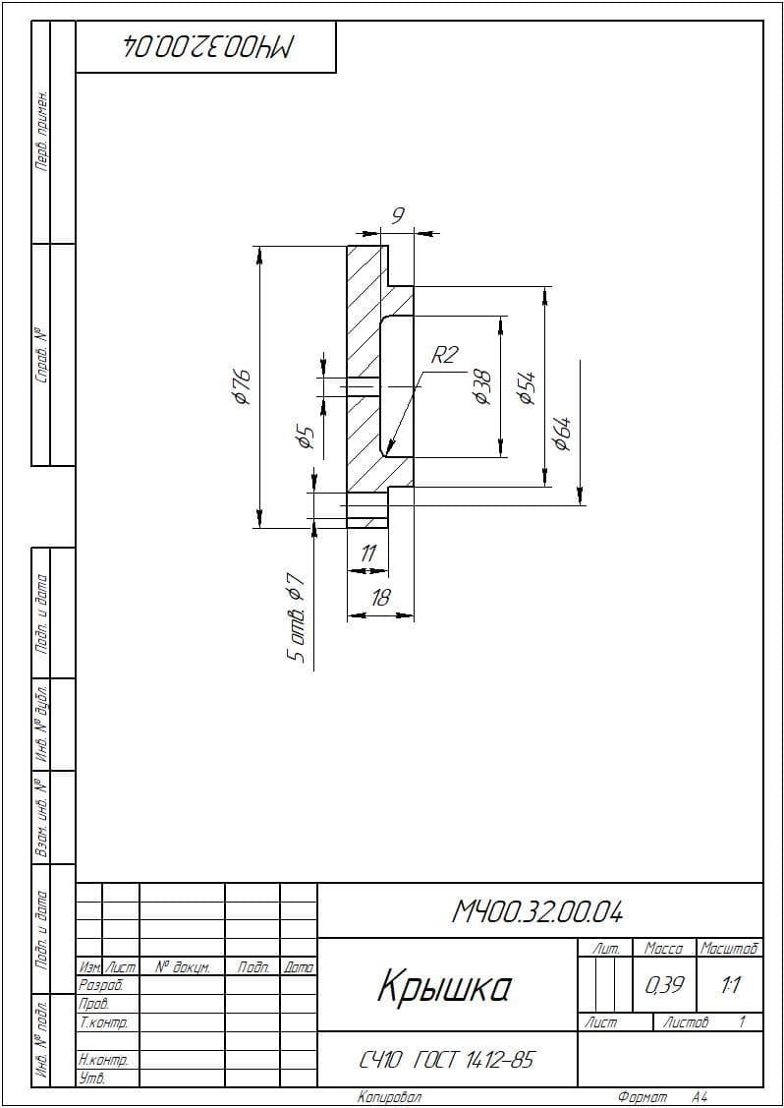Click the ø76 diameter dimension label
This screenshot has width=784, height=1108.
[243, 385]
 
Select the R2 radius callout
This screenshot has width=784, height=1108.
[444, 355]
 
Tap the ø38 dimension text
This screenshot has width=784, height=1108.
[482, 386]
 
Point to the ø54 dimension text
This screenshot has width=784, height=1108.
[528, 386]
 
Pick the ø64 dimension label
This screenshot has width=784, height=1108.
[562, 434]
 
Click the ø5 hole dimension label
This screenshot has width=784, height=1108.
[306, 437]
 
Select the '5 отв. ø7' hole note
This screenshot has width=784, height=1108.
[296, 616]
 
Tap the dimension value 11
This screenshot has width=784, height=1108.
[368, 554]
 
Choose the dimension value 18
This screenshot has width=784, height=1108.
[380, 598]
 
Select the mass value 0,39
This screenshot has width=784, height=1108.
[665, 984]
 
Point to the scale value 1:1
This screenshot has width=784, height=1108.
[730, 984]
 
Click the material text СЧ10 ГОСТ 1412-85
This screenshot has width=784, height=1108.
[446, 1059]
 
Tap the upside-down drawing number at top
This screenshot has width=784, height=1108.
[206, 46]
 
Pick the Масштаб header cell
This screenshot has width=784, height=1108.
[730, 948]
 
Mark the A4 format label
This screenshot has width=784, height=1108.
[700, 1097]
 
